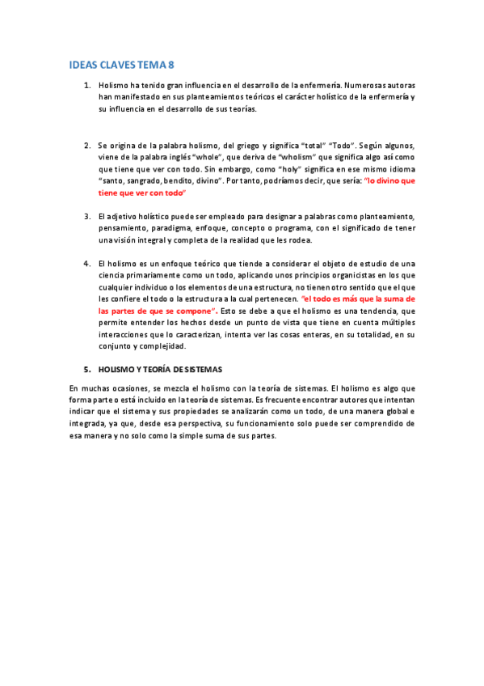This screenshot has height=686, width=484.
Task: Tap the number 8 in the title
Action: [170, 65]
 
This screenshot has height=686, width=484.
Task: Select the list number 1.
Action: [87, 84]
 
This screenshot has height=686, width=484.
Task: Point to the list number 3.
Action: [87, 217]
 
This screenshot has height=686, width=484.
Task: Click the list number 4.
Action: [87, 264]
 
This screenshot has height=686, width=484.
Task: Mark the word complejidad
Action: [162, 346]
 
